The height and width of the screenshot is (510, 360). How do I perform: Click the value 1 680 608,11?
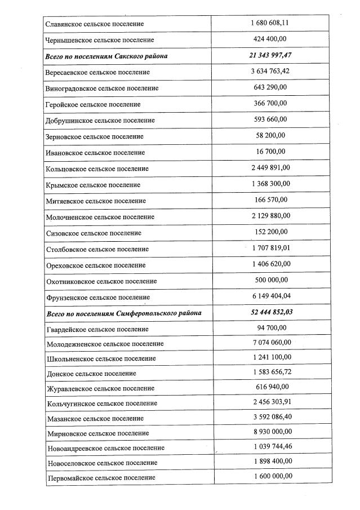click(270, 23)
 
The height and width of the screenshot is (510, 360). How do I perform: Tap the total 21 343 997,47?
click(270, 55)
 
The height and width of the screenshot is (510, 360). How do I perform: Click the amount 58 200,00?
click(270, 135)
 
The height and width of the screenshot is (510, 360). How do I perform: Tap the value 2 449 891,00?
click(270, 167)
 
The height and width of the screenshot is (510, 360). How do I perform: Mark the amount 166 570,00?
click(270, 199)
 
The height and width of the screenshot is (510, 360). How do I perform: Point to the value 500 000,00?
click(270, 280)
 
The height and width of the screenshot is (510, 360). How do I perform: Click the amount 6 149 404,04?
click(270, 296)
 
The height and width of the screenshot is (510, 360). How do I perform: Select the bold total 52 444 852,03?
click(270, 312)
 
